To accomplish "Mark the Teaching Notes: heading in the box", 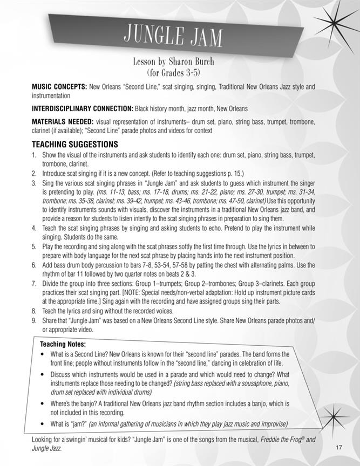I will click(x=63, y=344).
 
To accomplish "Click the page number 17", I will click(x=338, y=447).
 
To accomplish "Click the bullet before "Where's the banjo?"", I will click(x=43, y=403).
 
